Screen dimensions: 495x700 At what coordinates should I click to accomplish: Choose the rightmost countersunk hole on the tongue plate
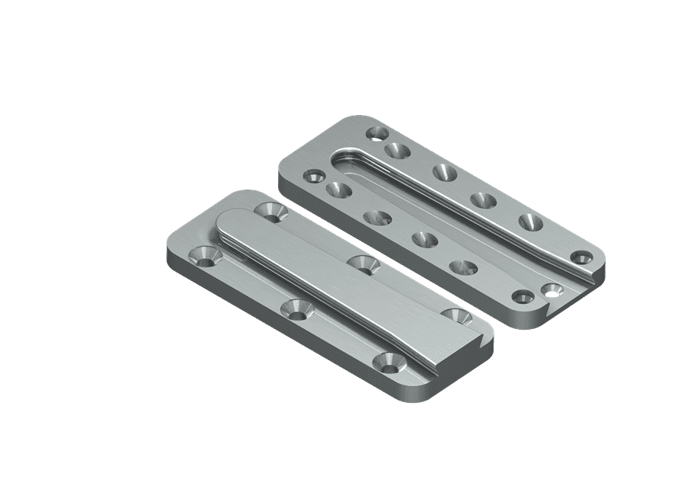[x=456, y=314]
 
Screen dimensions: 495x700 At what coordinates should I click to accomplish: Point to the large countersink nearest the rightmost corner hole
[x=530, y=222]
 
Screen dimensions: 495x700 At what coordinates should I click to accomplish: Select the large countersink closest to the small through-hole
[x=464, y=267]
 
